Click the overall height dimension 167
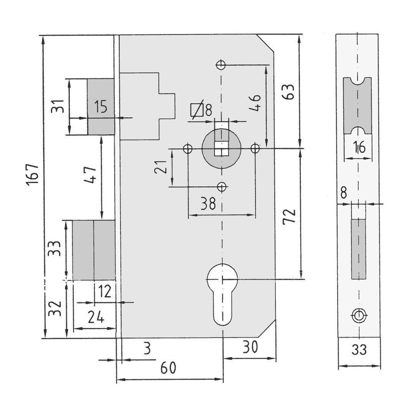pyautogui.click(x=33, y=175)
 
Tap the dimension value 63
pyautogui.click(x=288, y=92)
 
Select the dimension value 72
pyautogui.click(x=289, y=216)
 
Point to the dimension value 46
pyautogui.click(x=255, y=103)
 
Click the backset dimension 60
pyautogui.click(x=168, y=368)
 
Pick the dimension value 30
pyautogui.click(x=250, y=347)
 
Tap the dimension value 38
pyautogui.click(x=208, y=203)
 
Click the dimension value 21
pyautogui.click(x=161, y=167)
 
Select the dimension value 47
pyautogui.click(x=91, y=175)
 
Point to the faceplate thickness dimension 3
pyautogui.click(x=147, y=348)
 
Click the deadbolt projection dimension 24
pyautogui.click(x=96, y=317)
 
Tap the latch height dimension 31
pyautogui.click(x=57, y=106)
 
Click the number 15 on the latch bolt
pyautogui.click(x=101, y=106)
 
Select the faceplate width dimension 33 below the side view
pyautogui.click(x=359, y=350)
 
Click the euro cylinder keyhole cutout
pyautogui.click(x=222, y=294)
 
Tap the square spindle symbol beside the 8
pyautogui.click(x=197, y=110)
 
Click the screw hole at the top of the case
pyautogui.click(x=221, y=65)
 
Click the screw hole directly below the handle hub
pyautogui.click(x=222, y=187)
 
